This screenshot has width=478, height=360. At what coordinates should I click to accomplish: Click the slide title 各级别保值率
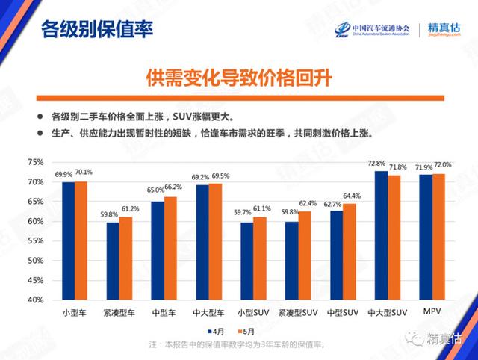[97, 30]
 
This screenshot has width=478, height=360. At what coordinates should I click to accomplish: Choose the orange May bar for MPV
[438, 237]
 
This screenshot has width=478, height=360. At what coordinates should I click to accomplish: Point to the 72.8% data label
[376, 164]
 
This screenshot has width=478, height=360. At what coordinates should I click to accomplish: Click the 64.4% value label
[352, 196]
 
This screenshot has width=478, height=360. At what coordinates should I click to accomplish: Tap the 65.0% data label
[155, 190]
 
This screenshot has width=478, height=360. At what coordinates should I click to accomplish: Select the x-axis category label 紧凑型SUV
[297, 311]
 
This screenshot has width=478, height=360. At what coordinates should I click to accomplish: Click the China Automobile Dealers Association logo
[371, 29]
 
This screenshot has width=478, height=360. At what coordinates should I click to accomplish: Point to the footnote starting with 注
[238, 344]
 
